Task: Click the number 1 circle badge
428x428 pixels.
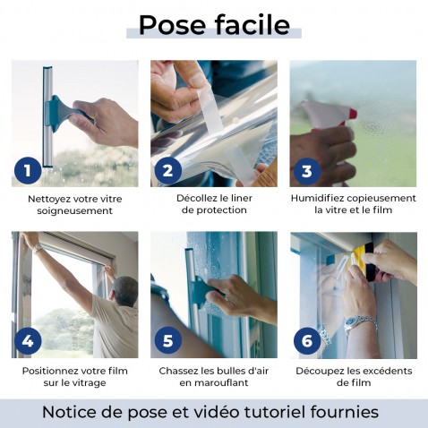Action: [28, 170]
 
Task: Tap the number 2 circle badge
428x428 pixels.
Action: [167, 170]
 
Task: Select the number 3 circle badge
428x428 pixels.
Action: [307, 170]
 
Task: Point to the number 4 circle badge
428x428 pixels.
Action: [28, 340]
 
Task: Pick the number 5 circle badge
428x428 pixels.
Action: [167, 340]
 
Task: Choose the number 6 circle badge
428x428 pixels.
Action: [307, 340]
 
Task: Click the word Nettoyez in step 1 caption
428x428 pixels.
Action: [51, 198]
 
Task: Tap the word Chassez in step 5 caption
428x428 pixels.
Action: [180, 370]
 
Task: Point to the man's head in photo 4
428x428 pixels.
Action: [125, 288]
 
